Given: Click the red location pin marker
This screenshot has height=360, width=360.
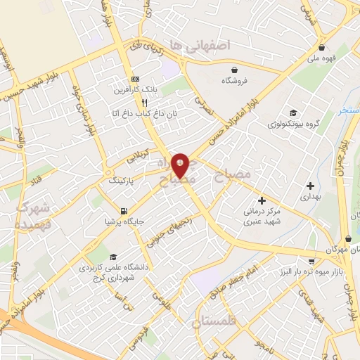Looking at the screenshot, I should click(x=180, y=165).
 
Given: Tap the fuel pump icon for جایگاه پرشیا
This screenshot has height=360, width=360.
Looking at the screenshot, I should click(x=124, y=211).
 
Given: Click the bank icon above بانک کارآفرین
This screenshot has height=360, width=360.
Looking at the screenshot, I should click(x=135, y=79).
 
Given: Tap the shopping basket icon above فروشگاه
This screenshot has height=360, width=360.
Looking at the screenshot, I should click(x=234, y=70).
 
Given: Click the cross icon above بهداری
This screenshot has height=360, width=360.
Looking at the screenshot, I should click(x=310, y=186).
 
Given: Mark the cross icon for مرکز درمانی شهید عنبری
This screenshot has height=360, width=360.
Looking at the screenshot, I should click(x=262, y=200).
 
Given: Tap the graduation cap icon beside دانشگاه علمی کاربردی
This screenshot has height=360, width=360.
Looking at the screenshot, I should click(x=114, y=257).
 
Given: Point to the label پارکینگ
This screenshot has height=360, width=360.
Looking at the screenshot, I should click(x=125, y=181).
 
